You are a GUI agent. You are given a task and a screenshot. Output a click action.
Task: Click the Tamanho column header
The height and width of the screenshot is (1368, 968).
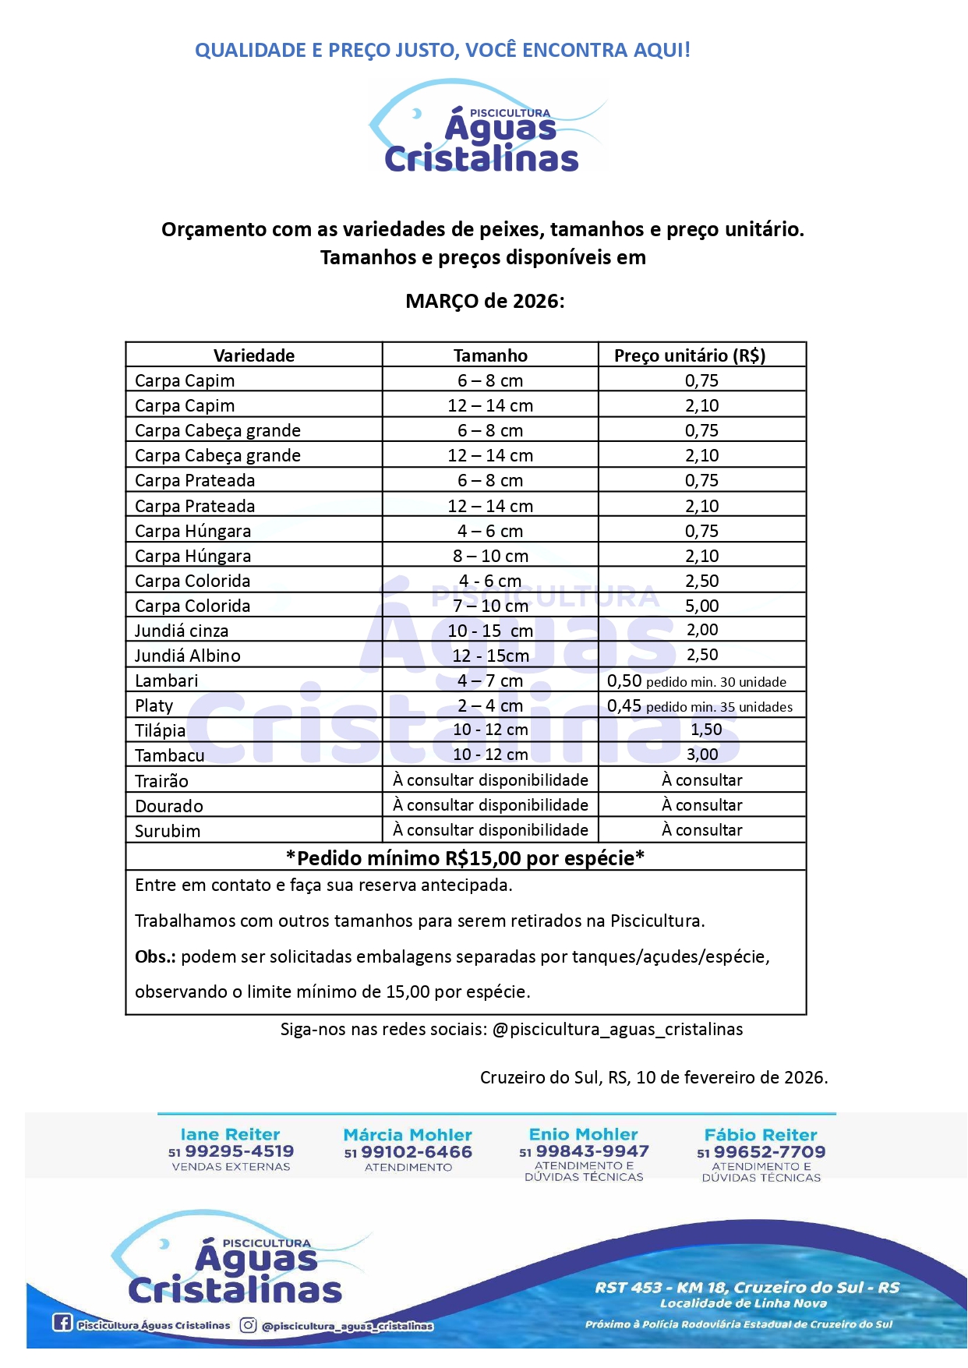pyautogui.click(x=490, y=355)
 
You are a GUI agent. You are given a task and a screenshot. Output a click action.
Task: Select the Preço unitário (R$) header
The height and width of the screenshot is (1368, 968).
pyautogui.click(x=690, y=355)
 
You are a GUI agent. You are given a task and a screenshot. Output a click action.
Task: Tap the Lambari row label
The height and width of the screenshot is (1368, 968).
pyautogui.click(x=167, y=680)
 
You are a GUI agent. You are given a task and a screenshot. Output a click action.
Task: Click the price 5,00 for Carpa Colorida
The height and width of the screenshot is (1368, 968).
pyautogui.click(x=701, y=606)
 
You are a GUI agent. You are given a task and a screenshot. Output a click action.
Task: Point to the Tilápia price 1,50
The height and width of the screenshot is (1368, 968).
pyautogui.click(x=706, y=730)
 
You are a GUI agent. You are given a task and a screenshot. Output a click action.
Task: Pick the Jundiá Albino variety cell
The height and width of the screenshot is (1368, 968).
pyautogui.click(x=188, y=656)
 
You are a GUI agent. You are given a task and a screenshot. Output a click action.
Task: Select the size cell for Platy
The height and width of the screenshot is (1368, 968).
pyautogui.click(x=490, y=705)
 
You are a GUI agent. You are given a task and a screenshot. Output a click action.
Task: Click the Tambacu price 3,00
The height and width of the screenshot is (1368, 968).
pyautogui.click(x=702, y=755)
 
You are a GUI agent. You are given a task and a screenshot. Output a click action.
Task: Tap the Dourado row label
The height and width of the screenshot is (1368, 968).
pyautogui.click(x=169, y=806)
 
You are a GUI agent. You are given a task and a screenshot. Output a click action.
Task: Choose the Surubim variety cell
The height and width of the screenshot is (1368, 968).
pyautogui.click(x=168, y=831)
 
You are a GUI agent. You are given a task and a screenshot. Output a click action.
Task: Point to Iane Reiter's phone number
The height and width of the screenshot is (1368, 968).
pyautogui.click(x=239, y=1151)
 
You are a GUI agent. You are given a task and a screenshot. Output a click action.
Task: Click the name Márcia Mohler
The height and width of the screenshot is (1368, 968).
pyautogui.click(x=408, y=1135)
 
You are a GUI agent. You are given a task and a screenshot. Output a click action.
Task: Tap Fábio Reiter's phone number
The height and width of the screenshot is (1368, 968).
pyautogui.click(x=769, y=1152)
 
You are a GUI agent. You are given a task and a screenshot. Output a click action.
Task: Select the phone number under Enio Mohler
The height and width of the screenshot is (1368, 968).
pyautogui.click(x=592, y=1151)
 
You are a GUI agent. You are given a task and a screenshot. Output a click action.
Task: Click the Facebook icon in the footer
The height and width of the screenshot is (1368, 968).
pyautogui.click(x=62, y=1323)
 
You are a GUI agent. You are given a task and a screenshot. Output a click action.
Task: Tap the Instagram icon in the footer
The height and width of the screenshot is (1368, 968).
pyautogui.click(x=248, y=1325)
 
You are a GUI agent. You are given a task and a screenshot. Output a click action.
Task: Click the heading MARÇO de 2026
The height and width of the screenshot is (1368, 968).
pyautogui.click(x=485, y=301)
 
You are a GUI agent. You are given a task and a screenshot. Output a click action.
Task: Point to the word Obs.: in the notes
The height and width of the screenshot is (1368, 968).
pyautogui.click(x=155, y=956)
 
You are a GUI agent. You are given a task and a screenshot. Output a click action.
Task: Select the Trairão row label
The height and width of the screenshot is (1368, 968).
pyautogui.click(x=161, y=781)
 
